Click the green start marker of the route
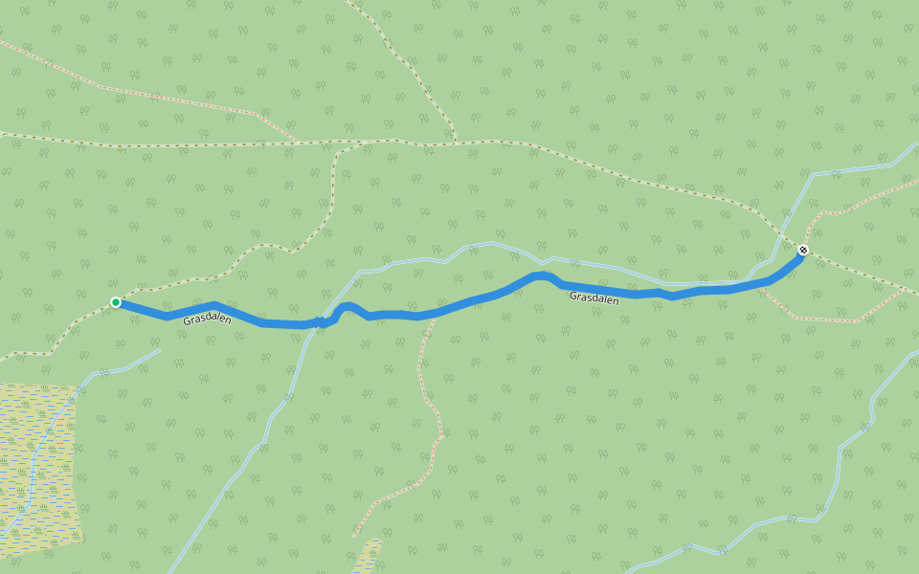pos(116,302)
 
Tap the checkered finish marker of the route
pos(803,251)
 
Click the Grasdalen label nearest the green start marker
pos(207,319)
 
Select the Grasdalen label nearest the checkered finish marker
pos(594,298)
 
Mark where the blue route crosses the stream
pos(318,323)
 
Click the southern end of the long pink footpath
pos(354,534)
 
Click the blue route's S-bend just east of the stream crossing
pos(349,308)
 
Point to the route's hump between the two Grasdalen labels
pos(542,276)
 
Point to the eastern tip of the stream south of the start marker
pos(159,350)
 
